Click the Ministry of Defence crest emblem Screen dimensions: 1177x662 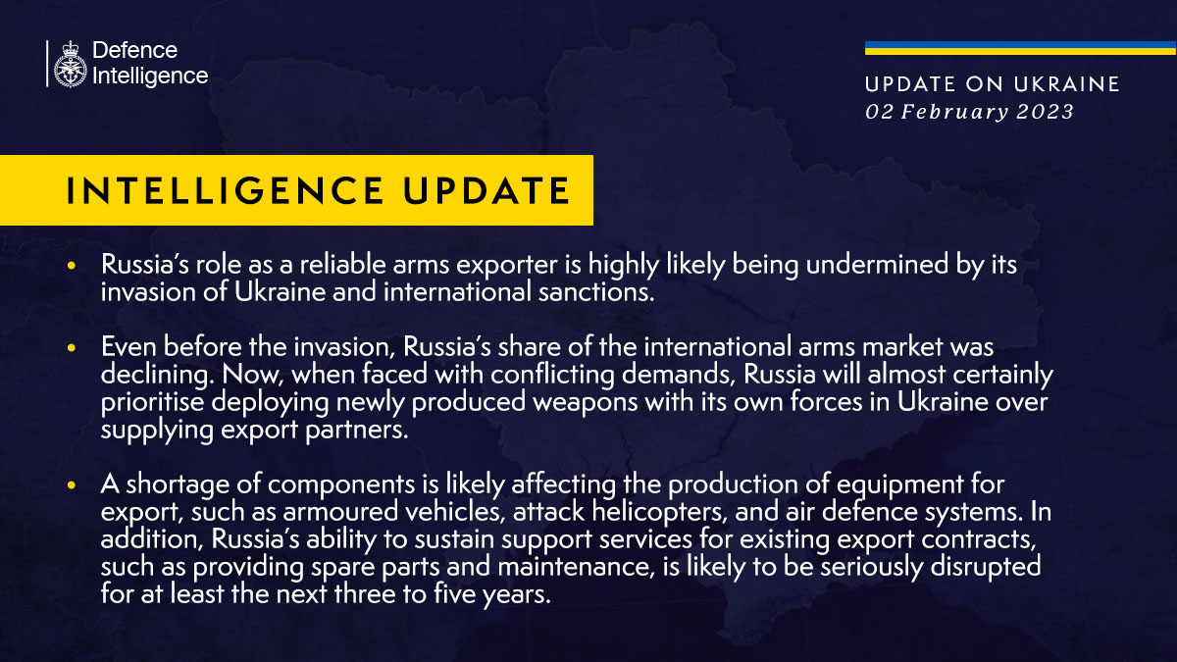(x=70, y=64)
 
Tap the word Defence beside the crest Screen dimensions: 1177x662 (x=135, y=50)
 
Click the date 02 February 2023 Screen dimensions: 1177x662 (x=969, y=112)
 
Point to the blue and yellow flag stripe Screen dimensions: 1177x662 (x=1020, y=48)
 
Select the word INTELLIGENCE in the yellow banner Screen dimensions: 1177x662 (x=226, y=190)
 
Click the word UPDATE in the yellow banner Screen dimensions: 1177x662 (x=486, y=190)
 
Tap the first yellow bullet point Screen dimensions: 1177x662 (x=72, y=266)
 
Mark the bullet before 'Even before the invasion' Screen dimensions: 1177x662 (x=72, y=348)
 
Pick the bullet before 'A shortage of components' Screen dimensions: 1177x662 (x=72, y=484)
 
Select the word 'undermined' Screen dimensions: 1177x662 (x=877, y=264)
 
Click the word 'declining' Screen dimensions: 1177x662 (x=157, y=375)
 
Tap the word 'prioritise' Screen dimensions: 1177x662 (x=152, y=402)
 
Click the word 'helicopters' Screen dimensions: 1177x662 (x=659, y=512)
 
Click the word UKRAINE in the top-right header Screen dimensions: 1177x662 (x=1067, y=84)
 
